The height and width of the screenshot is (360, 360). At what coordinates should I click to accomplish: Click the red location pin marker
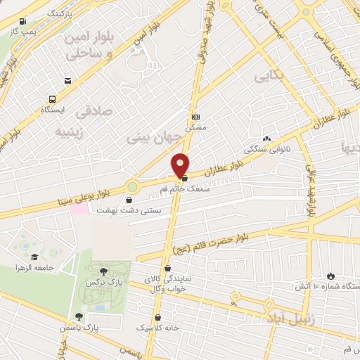(181, 165)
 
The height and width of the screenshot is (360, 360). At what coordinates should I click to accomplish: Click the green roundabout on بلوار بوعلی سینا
(133, 187)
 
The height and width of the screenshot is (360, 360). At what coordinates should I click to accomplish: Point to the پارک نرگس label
(101, 282)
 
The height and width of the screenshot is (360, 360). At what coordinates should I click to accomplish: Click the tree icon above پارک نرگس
(104, 271)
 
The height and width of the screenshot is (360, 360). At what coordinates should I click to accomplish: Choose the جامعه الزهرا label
(36, 268)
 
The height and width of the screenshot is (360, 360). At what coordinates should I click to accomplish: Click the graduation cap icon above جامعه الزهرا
(34, 257)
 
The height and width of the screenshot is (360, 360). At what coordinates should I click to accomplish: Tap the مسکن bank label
(195, 128)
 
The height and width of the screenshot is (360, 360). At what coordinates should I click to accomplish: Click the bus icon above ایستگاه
(52, 100)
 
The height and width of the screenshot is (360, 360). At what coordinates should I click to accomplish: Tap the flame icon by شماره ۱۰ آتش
(331, 276)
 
